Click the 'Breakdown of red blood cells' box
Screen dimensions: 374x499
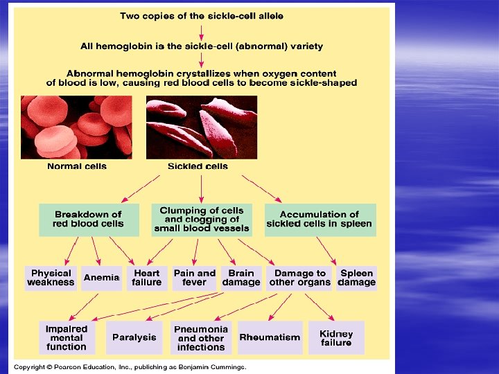[88, 220]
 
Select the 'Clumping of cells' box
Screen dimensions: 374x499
[202, 220]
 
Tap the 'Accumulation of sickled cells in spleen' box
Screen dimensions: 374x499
[319, 220]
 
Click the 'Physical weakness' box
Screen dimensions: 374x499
[51, 278]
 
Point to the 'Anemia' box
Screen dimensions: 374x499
[102, 278]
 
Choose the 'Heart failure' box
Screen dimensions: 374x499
[147, 278]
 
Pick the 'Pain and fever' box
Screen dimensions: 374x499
[195, 278]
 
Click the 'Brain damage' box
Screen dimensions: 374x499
[241, 278]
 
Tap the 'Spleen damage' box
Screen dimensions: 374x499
[357, 278]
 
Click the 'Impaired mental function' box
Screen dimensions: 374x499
[67, 337]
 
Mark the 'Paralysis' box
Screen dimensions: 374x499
[134, 337]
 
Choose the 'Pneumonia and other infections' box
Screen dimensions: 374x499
[201, 338]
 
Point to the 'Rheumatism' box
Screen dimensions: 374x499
[270, 337]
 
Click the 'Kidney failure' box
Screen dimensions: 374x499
[336, 338]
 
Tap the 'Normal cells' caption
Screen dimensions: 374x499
[76, 166]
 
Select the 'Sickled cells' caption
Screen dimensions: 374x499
[198, 166]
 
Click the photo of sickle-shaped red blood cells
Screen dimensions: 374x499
[201, 127]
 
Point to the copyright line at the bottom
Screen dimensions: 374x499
[130, 367]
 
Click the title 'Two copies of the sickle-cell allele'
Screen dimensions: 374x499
[202, 15]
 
